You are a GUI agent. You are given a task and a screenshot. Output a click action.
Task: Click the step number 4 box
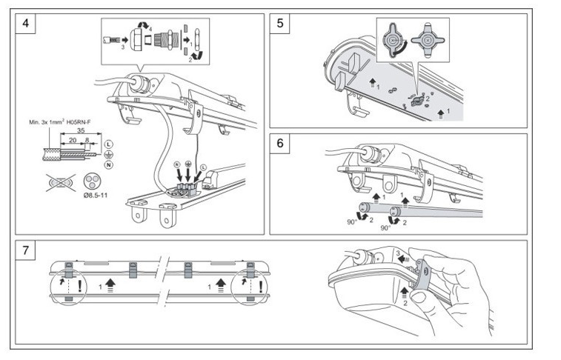click(25, 24)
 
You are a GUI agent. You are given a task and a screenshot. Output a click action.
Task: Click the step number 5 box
click(280, 24)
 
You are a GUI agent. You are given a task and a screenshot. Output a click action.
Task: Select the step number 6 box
click(280, 144)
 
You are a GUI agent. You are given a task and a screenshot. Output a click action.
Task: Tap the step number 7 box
click(25, 250)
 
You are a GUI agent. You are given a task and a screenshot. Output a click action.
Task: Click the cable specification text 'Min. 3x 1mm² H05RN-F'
click(60, 122)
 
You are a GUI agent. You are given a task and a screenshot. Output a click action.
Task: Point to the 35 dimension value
click(81, 130)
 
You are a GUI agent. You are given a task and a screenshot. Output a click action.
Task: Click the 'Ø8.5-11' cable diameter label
click(95, 196)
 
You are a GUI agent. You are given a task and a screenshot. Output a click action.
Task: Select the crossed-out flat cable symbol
click(61, 183)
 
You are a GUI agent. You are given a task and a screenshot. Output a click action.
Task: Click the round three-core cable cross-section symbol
click(90, 181)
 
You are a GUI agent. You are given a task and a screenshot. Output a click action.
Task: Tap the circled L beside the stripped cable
click(109, 144)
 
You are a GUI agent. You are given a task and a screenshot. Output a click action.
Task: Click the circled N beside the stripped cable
click(109, 164)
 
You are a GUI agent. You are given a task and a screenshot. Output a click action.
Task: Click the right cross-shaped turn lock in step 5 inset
click(428, 40)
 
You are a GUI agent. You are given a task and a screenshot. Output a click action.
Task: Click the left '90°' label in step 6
click(352, 222)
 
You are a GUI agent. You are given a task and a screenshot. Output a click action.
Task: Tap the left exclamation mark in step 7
click(80, 287)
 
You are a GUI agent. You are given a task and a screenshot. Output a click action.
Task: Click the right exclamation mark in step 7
click(261, 287)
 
